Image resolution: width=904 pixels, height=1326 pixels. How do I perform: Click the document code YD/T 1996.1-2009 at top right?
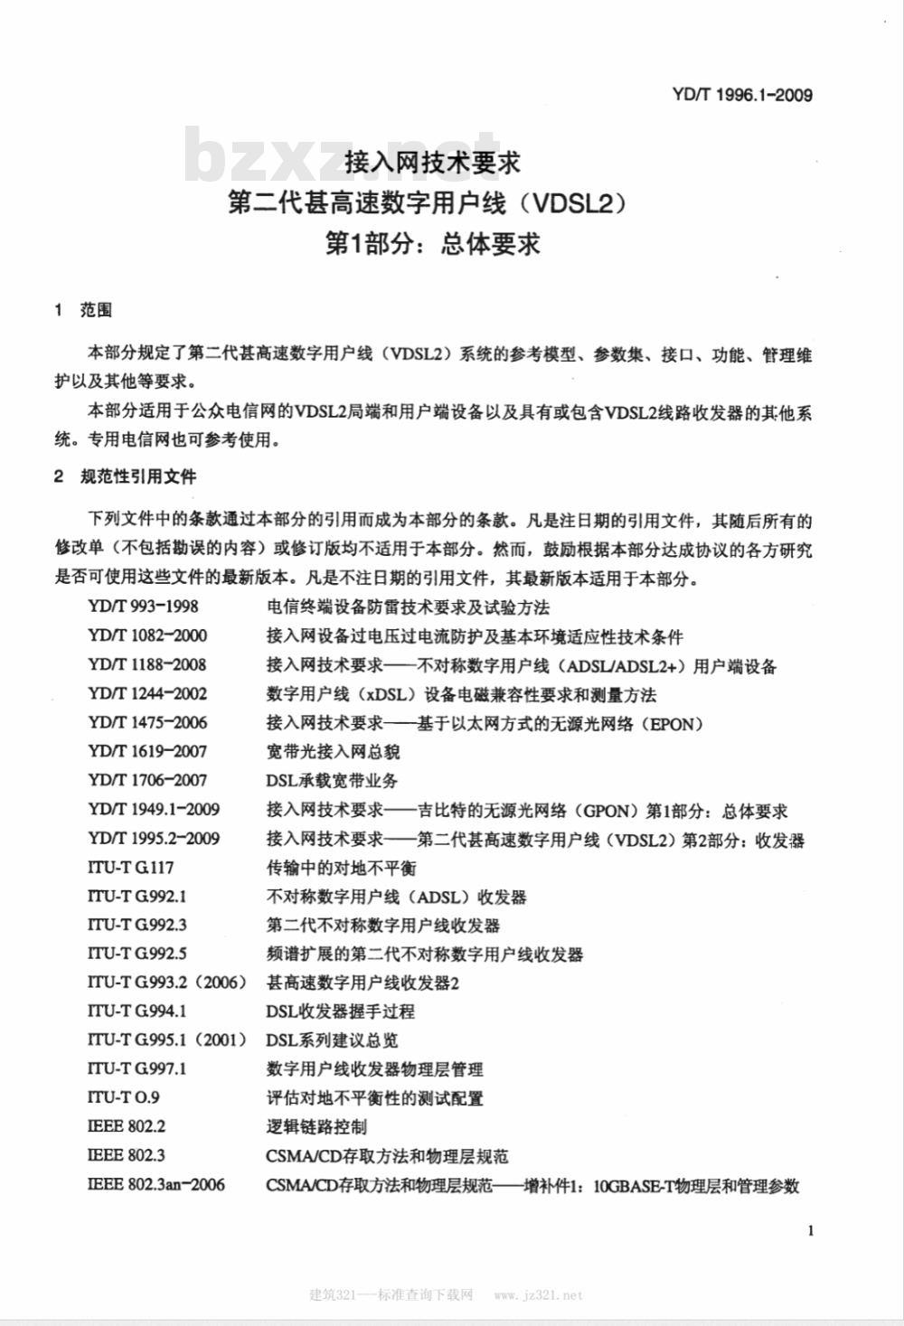point(742,94)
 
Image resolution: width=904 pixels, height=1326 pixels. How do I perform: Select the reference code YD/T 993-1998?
point(143,607)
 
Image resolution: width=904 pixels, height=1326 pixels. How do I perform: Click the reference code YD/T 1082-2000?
point(147,635)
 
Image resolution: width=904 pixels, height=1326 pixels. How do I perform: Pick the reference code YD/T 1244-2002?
point(147,693)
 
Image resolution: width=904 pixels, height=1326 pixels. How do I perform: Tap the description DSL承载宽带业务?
point(332,780)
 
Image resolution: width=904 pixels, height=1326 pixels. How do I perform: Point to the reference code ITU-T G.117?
point(130,867)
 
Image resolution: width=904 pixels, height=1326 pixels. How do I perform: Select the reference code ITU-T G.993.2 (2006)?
point(166,982)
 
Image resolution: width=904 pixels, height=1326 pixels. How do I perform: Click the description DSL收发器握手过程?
point(340,1011)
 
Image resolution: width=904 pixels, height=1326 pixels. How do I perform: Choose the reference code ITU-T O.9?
point(123,1097)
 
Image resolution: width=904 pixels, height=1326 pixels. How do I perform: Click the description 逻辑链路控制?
point(316,1126)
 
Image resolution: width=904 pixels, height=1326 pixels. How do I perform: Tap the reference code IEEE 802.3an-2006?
point(155,1184)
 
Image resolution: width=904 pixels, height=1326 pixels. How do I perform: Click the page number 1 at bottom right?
point(810,1229)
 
